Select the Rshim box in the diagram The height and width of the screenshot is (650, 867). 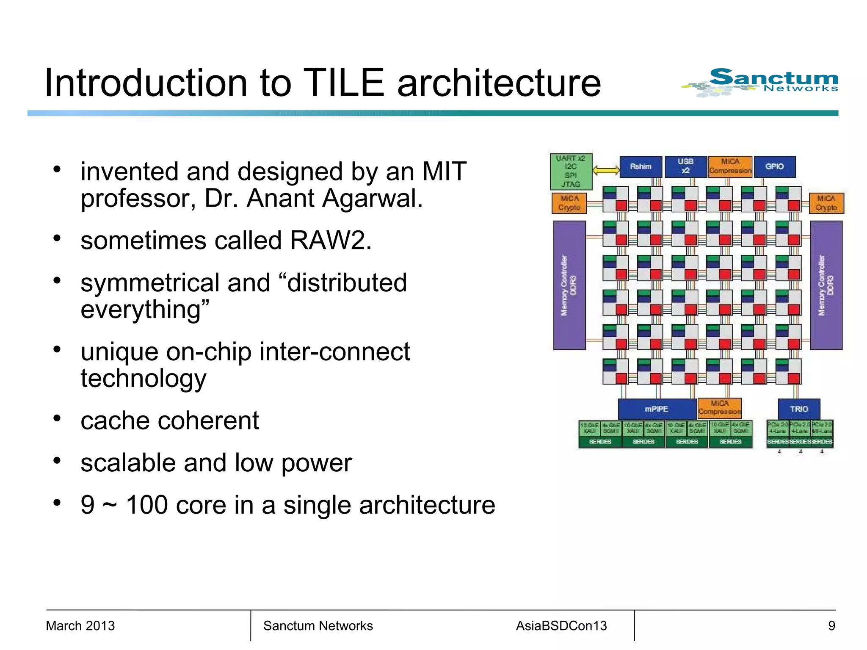(x=641, y=167)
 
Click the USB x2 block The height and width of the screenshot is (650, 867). (x=685, y=166)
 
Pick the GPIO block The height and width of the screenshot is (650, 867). (x=774, y=167)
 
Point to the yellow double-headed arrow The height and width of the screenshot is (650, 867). (x=606, y=170)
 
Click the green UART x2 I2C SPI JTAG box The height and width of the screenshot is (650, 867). (x=571, y=171)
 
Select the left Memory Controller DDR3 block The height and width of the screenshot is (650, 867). (x=569, y=285)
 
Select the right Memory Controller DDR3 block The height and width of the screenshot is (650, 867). (x=826, y=285)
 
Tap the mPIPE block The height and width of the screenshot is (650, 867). (x=657, y=409)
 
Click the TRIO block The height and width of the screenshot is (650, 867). (x=799, y=409)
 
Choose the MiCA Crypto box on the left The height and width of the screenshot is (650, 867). (x=569, y=203)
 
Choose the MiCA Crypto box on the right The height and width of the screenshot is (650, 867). (x=826, y=203)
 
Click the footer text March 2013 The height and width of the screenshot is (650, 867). (x=80, y=626)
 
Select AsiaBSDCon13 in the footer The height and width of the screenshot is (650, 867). (x=561, y=626)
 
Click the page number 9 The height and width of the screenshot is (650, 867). (x=831, y=626)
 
